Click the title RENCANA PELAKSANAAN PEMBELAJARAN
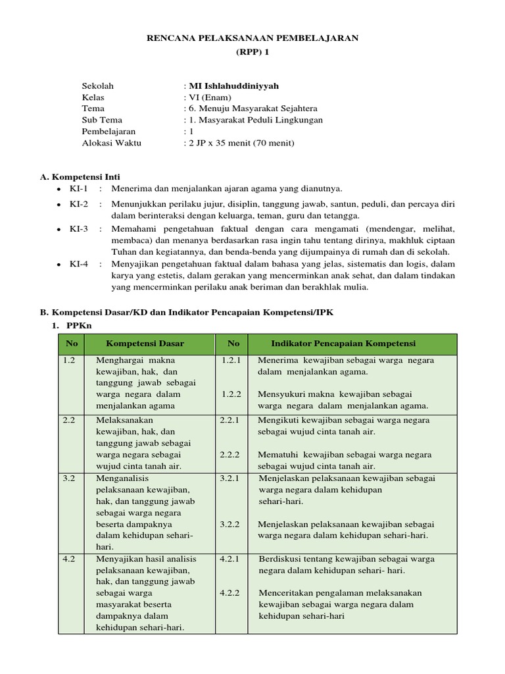(x=252, y=39)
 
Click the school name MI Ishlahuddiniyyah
(x=233, y=86)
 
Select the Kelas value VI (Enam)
(x=210, y=97)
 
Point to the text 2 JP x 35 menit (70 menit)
(x=241, y=143)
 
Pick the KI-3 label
(x=78, y=228)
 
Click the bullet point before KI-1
(x=59, y=189)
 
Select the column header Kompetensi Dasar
(x=145, y=344)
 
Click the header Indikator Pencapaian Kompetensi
(x=343, y=344)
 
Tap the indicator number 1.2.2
(x=231, y=394)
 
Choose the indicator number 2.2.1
(x=231, y=419)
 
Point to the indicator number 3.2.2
(x=231, y=525)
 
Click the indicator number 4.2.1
(x=231, y=558)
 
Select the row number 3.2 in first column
(x=69, y=479)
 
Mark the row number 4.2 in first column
(x=69, y=558)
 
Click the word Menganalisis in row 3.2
(x=123, y=479)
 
